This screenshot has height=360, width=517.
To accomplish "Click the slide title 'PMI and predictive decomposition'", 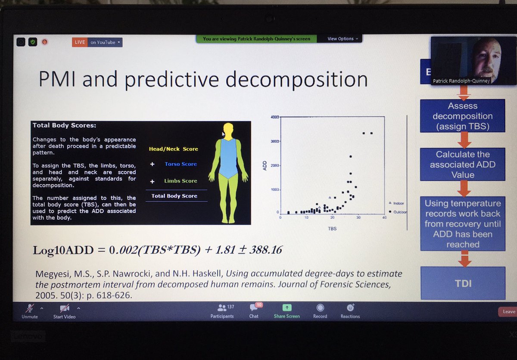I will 203,80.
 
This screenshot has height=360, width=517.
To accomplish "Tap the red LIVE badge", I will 80,42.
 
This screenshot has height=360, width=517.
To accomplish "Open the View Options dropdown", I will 343,39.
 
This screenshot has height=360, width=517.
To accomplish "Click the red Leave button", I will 508,311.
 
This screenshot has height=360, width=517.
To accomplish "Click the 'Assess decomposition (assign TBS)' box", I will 463,116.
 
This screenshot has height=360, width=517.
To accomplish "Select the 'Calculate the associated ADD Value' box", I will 463,164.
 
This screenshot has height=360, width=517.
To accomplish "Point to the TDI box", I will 463,283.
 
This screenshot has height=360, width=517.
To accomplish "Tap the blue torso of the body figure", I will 228,157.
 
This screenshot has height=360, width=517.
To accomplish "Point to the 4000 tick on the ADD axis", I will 274,118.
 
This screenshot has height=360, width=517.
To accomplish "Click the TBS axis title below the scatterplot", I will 331,228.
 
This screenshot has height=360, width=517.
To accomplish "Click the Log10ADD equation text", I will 157,250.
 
